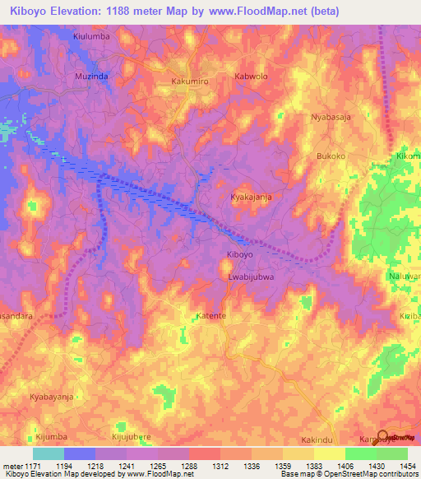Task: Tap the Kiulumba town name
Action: pyautogui.click(x=91, y=37)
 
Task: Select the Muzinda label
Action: pyautogui.click(x=91, y=76)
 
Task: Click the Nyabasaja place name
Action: pyautogui.click(x=331, y=117)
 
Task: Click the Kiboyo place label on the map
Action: pyautogui.click(x=239, y=255)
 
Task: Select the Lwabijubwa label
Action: pyautogui.click(x=251, y=277)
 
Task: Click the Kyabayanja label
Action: pyautogui.click(x=53, y=396)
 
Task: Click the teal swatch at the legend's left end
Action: pyautogui.click(x=48, y=453)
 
